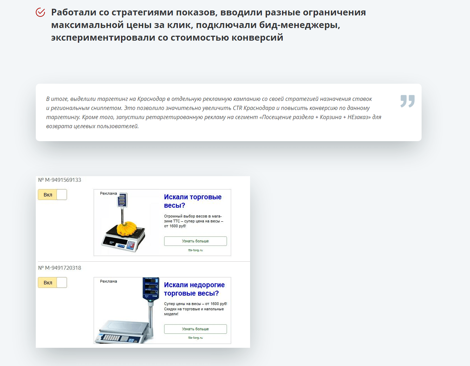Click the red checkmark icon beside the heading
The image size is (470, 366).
click(40, 12)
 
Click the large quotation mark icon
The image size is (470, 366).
click(407, 101)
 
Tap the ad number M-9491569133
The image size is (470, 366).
click(60, 180)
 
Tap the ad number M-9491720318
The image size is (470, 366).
click(60, 268)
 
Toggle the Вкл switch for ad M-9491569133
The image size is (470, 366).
click(52, 194)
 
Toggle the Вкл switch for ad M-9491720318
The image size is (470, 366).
click(52, 282)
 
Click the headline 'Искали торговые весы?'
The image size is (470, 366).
click(193, 201)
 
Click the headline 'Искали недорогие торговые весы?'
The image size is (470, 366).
click(194, 289)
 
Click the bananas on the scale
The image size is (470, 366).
click(127, 228)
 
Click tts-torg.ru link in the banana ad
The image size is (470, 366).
click(195, 250)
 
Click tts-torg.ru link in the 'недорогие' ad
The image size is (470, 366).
click(195, 338)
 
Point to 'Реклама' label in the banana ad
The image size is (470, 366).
click(108, 193)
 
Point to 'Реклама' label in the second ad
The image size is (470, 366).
click(108, 281)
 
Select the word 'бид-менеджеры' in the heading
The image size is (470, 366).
click(300, 25)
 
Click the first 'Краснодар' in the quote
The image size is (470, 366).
click(151, 99)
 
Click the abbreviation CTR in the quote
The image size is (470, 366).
click(237, 108)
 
